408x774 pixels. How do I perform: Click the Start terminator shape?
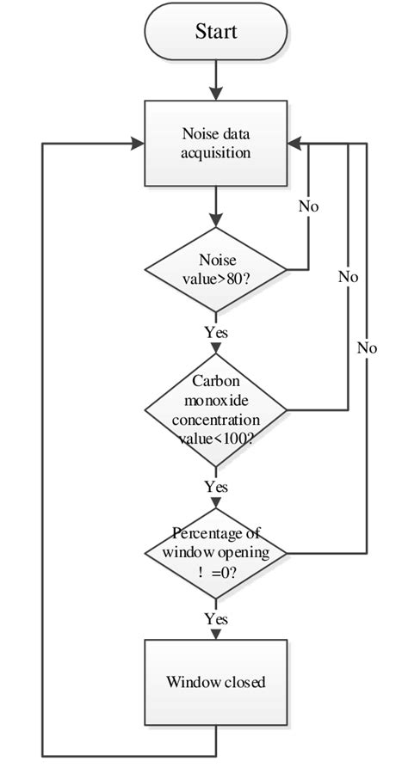pos(215,34)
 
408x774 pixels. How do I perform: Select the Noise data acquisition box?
pos(215,143)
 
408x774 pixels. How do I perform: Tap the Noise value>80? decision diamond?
pos(215,269)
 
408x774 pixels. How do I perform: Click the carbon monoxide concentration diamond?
pos(215,408)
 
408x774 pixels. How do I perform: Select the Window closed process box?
pos(215,683)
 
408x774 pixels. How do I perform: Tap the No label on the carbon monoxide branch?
pos(348,277)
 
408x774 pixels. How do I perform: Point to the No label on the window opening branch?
pos(368,347)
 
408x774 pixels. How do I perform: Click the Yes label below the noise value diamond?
pos(216,330)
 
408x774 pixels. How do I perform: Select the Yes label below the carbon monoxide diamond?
pos(216,487)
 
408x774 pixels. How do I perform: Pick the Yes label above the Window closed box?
pos(216,618)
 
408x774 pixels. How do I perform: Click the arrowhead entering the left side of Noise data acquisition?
pos(136,143)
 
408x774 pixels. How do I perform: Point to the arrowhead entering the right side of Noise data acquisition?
pos(295,143)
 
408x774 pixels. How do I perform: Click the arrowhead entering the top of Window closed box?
pos(215,634)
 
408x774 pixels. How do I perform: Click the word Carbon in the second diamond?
pos(215,381)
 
